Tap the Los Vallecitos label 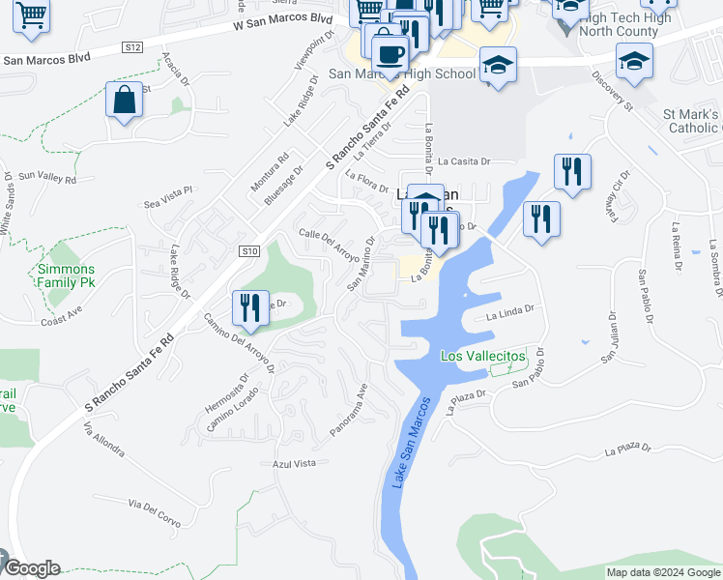coord(483,357)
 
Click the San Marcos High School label coord(402,73)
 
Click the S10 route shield coord(250,251)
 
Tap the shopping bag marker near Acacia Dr coord(125,101)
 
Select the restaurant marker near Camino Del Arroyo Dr coord(250,308)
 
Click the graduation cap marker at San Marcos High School coord(498,66)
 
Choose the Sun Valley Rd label coord(46,177)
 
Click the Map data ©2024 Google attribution coord(662,572)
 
